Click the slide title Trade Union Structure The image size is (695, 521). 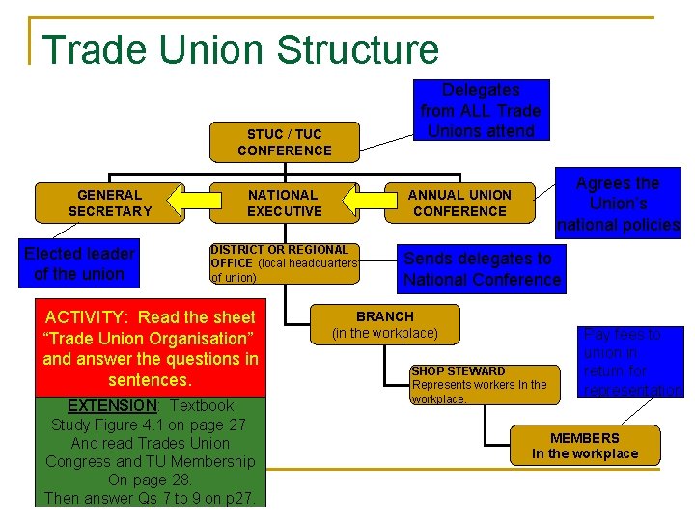pyautogui.click(x=240, y=49)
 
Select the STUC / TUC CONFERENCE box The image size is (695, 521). pyautogui.click(x=284, y=142)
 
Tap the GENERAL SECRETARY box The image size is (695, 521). pyautogui.click(x=110, y=203)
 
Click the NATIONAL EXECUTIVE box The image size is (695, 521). pyautogui.click(x=284, y=203)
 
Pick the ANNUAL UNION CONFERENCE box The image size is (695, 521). pyautogui.click(x=459, y=203)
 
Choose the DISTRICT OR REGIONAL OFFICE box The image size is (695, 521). pyautogui.click(x=284, y=263)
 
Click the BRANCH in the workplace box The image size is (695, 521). pyautogui.click(x=385, y=324)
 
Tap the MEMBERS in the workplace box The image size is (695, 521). pyautogui.click(x=585, y=445)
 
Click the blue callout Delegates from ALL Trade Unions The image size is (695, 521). pyautogui.click(x=481, y=110)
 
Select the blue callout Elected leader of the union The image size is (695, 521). pyautogui.click(x=79, y=263)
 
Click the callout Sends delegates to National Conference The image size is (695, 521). pyautogui.click(x=481, y=269)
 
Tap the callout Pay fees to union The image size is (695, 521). pyautogui.click(x=632, y=362)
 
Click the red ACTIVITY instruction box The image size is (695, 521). pyautogui.click(x=151, y=347)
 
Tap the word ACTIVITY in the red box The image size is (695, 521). pyautogui.click(x=88, y=317)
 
